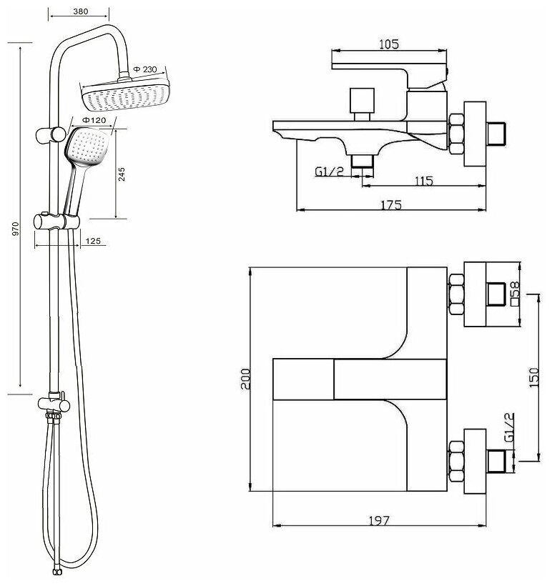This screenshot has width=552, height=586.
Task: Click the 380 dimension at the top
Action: [x=80, y=11]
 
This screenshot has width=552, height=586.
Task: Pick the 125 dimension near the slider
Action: [x=92, y=241]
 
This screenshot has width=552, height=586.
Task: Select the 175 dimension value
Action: [x=390, y=204]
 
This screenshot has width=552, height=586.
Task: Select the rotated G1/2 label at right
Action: [x=511, y=429]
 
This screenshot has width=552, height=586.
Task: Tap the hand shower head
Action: [x=87, y=146]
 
